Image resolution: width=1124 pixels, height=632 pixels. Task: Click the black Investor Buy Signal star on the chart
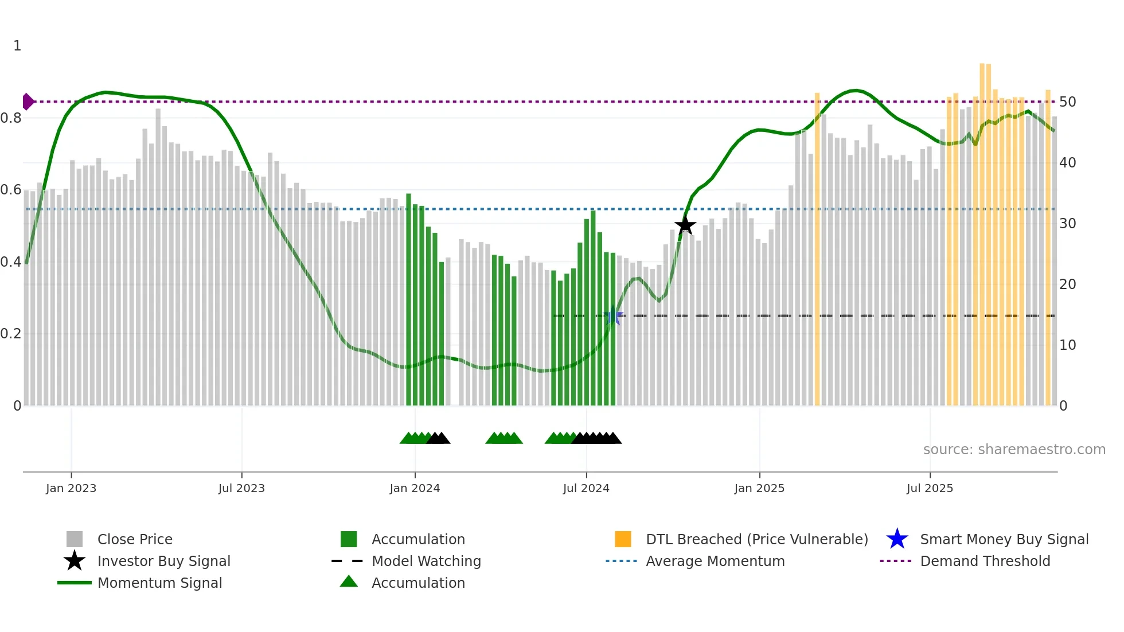pyautogui.click(x=685, y=225)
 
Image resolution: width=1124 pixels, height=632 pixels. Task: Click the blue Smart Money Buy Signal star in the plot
pyautogui.click(x=613, y=316)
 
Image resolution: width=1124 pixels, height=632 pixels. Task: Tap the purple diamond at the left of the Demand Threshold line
pyautogui.click(x=28, y=102)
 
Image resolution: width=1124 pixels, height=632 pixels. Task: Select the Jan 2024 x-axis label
pyautogui.click(x=415, y=488)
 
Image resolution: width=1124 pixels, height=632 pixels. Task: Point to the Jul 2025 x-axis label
pyautogui.click(x=930, y=488)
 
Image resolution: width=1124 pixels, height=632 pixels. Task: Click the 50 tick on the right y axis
pyautogui.click(x=1067, y=102)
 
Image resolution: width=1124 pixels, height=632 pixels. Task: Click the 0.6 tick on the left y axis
pyautogui.click(x=11, y=190)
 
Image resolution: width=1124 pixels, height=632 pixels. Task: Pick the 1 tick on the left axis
pyautogui.click(x=17, y=46)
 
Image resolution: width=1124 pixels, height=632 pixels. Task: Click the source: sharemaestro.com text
pyautogui.click(x=1014, y=450)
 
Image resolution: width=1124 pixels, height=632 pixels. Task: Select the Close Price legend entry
pyautogui.click(x=135, y=539)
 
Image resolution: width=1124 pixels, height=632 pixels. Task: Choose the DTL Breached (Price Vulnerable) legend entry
pyautogui.click(x=756, y=539)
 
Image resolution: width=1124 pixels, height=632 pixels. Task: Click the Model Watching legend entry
pyautogui.click(x=426, y=561)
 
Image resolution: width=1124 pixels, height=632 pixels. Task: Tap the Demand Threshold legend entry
pyautogui.click(x=985, y=561)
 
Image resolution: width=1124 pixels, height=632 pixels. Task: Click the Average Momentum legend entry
pyautogui.click(x=715, y=561)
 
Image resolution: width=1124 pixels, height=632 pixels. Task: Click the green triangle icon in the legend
pyautogui.click(x=349, y=582)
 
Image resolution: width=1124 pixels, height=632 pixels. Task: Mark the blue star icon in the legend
pyautogui.click(x=897, y=539)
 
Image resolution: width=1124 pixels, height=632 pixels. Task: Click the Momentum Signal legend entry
pyautogui.click(x=159, y=583)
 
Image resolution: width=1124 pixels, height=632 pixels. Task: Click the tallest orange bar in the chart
pyautogui.click(x=982, y=229)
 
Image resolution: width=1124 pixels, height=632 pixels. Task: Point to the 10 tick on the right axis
pyautogui.click(x=1067, y=345)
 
